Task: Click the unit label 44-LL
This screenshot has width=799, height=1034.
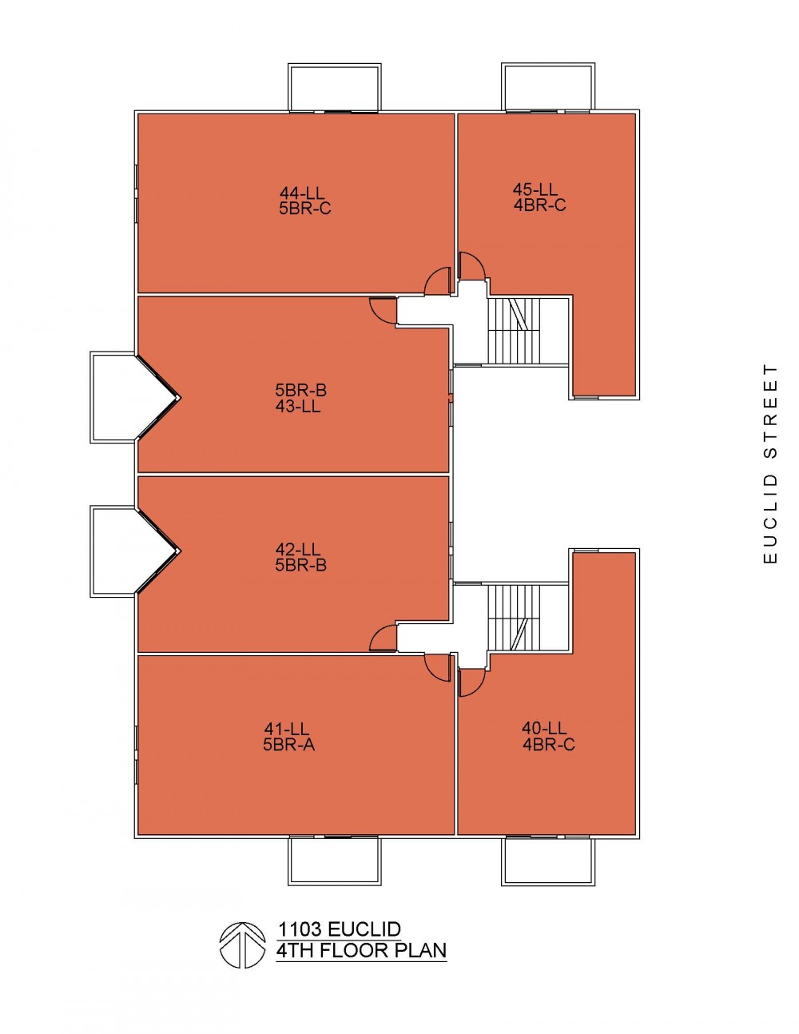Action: [x=302, y=193]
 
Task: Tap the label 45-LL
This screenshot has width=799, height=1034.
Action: [x=535, y=189]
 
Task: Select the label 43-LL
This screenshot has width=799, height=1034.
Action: [x=298, y=407]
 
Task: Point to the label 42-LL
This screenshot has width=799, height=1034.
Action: [x=298, y=550]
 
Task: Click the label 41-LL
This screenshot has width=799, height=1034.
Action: [x=286, y=728]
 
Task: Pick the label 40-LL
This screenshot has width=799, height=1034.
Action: [x=544, y=728]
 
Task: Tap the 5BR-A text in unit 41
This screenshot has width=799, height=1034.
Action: [x=288, y=744]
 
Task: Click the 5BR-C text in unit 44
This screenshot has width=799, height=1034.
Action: [x=305, y=209]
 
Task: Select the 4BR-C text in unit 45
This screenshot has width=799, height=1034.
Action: [x=540, y=205]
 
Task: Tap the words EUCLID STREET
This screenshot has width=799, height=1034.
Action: [x=770, y=464]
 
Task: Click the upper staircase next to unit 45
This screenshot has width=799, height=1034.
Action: [x=518, y=331]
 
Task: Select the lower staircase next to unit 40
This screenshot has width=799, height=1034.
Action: [x=518, y=618]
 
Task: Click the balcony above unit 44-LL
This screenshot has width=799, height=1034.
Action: [x=334, y=87]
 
